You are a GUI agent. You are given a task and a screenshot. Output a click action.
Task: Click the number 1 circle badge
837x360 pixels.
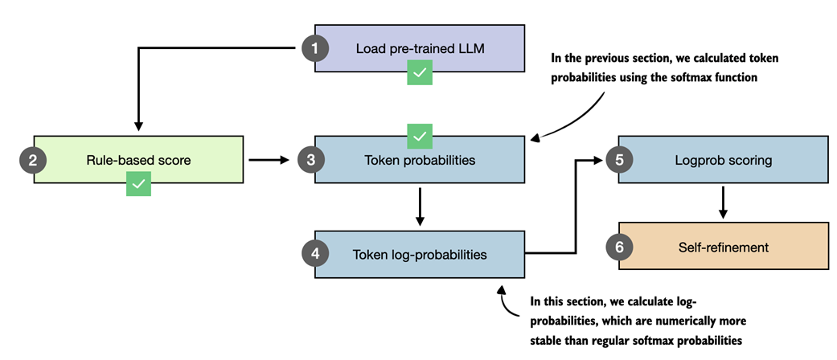pyautogui.click(x=314, y=49)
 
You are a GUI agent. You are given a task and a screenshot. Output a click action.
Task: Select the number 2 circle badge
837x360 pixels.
pyautogui.click(x=33, y=160)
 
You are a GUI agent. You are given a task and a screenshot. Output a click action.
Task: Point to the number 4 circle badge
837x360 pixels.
pyautogui.click(x=314, y=255)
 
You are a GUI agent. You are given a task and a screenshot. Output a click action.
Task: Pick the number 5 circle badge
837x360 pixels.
pyautogui.click(x=619, y=160)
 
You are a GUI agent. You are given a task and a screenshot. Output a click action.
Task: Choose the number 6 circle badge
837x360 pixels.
pyautogui.click(x=619, y=247)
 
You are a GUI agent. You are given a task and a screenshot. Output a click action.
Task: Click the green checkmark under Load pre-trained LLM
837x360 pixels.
pyautogui.click(x=419, y=74)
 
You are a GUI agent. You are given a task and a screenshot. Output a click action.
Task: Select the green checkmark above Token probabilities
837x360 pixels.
pyautogui.click(x=419, y=136)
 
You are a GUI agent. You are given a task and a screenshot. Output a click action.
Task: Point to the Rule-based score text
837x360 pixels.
pyautogui.click(x=138, y=160)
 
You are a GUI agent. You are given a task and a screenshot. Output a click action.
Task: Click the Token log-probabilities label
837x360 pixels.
pyautogui.click(x=419, y=255)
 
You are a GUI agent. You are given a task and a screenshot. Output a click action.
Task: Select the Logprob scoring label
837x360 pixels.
pyautogui.click(x=723, y=160)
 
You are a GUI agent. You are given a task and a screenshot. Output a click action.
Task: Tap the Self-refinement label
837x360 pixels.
pyautogui.click(x=723, y=247)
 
